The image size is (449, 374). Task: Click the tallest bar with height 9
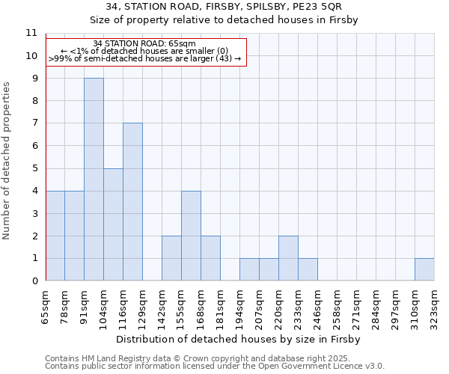coord(94,180)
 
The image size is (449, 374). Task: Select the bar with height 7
coord(132,202)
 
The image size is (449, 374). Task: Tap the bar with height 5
coord(113,224)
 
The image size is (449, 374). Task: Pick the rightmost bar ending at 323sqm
coord(424,269)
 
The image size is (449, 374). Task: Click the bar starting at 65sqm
coord(55,236)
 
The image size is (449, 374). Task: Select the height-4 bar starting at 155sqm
coord(191,236)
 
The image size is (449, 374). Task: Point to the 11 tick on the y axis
coord(31,34)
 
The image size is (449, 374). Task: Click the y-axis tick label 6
coord(34,146)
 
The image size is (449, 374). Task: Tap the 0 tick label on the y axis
coord(34,281)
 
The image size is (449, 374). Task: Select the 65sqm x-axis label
coord(46,305)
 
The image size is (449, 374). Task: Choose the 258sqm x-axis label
coord(337,307)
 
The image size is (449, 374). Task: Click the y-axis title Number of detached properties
coord(7,161)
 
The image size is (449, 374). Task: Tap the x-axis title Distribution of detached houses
coord(239,339)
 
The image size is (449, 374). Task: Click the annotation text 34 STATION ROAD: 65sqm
coord(145,43)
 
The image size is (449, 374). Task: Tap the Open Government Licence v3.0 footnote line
coord(215,366)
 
